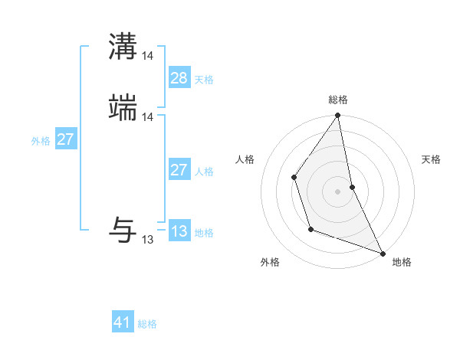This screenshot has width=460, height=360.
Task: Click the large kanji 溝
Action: [123, 46]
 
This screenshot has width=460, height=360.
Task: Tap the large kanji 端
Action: [123, 108]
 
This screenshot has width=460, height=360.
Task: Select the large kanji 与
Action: [123, 229]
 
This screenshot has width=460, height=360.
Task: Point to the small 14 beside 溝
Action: [148, 56]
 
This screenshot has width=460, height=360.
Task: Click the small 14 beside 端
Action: [148, 117]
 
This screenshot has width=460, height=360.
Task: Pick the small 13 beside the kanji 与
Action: [148, 240]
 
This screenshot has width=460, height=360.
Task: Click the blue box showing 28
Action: [179, 78]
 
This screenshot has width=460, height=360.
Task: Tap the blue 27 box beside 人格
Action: [179, 170]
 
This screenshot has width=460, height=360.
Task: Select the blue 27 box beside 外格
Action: [66, 139]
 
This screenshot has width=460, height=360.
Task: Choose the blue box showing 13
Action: [179, 231]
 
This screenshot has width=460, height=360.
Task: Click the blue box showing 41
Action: [123, 323]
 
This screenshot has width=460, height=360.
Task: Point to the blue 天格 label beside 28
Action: [204, 80]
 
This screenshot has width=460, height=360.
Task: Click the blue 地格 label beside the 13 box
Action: [204, 233]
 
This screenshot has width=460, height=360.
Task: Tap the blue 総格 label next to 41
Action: [147, 325]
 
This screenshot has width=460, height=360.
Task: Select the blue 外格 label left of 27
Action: [41, 141]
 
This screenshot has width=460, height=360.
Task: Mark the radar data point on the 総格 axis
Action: [337, 116]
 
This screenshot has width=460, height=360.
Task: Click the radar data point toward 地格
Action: [381, 252]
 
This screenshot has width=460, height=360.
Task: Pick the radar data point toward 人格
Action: [294, 177]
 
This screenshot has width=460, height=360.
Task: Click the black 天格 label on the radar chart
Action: [431, 159]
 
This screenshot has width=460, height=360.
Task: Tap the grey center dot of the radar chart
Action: [337, 191]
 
